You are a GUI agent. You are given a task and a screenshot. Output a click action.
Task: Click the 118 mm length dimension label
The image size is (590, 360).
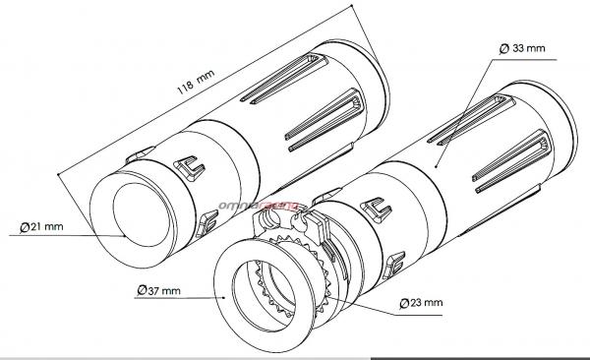(x=196, y=82)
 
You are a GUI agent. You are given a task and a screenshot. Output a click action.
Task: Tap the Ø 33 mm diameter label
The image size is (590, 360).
(x=522, y=48)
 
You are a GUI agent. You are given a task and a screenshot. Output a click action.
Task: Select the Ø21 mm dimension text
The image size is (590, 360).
(x=41, y=227)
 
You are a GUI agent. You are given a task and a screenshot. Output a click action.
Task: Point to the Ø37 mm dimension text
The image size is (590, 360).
(x=158, y=291)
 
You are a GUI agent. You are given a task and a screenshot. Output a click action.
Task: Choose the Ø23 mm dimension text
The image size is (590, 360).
(x=421, y=303)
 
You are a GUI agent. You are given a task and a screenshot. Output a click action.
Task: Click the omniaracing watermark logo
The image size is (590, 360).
(x=259, y=206)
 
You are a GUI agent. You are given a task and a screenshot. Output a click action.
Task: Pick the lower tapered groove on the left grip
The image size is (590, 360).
(x=324, y=120)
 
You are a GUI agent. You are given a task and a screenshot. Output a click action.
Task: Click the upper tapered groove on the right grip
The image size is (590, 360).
(x=471, y=120)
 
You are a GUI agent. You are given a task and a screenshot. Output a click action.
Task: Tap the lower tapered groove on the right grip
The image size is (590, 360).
(x=511, y=161)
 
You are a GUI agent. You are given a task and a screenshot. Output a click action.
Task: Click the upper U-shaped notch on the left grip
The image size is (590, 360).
(x=190, y=168)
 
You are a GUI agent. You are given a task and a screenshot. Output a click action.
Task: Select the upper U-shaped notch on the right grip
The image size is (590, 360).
(x=377, y=210)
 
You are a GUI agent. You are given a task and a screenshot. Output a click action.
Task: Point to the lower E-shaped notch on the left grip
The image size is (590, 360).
(x=207, y=223)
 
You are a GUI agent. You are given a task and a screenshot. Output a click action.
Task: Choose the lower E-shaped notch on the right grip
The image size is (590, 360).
(x=394, y=266)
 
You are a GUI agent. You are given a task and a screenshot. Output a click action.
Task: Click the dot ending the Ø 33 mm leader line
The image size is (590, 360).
(x=436, y=166)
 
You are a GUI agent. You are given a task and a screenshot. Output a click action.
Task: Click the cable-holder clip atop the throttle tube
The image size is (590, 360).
(x=290, y=225)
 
